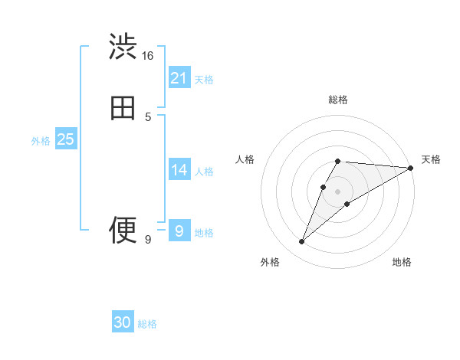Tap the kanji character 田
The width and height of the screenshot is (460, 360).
(123, 108)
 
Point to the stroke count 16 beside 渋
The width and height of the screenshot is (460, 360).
(147, 56)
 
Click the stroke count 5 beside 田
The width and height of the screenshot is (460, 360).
(148, 117)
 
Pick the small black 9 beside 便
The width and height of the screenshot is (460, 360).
(148, 240)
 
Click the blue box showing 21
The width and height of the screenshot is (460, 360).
(179, 77)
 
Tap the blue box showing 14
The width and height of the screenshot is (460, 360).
(179, 170)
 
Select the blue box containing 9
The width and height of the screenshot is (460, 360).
(179, 231)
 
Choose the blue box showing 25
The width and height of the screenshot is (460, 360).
(65, 139)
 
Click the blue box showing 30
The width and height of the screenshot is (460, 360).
(123, 322)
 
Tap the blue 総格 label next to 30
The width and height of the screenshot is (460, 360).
(147, 325)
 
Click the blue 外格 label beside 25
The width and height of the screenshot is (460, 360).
(41, 141)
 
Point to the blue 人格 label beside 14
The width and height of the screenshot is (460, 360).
(204, 172)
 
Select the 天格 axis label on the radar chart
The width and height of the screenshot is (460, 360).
(431, 159)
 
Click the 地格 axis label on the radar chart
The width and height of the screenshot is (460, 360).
(402, 263)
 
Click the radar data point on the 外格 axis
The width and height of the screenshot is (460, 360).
(301, 242)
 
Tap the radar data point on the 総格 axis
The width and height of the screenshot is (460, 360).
(337, 162)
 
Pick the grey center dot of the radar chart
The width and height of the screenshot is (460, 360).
(337, 191)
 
